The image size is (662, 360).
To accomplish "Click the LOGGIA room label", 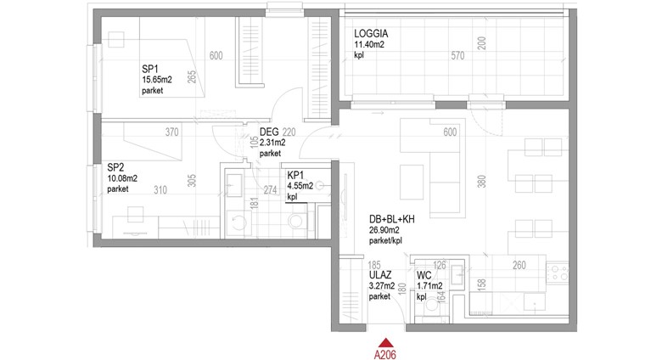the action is pyautogui.click(x=371, y=33).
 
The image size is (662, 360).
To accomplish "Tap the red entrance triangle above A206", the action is pyautogui.click(x=385, y=343).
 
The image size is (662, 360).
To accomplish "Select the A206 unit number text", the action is pyautogui.click(x=385, y=354).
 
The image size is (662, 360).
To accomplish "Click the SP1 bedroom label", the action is pyautogui.click(x=150, y=69).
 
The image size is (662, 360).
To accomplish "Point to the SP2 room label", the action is pyautogui.click(x=115, y=167).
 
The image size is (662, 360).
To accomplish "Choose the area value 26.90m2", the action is pyautogui.click(x=384, y=230).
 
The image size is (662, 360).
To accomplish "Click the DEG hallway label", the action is pyautogui.click(x=269, y=132).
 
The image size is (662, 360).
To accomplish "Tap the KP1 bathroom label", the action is pyautogui.click(x=295, y=176).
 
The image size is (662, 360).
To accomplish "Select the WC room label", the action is pyautogui.click(x=424, y=276).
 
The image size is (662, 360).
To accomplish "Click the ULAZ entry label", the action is pyautogui.click(x=380, y=275).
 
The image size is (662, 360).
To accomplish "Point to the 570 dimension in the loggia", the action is pyautogui.click(x=457, y=55).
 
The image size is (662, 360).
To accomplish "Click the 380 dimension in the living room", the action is pyautogui.click(x=482, y=181).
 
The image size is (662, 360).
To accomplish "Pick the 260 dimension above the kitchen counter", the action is pyautogui.click(x=519, y=265).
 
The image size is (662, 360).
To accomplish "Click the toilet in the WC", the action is pyautogui.click(x=432, y=304).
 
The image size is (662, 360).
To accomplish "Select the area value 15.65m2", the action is pyautogui.click(x=157, y=80).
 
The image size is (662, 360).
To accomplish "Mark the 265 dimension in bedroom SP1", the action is pyautogui.click(x=192, y=76).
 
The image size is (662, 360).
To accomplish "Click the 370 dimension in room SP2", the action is pyautogui.click(x=171, y=132).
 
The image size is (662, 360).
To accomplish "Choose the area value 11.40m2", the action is pyautogui.click(x=369, y=44).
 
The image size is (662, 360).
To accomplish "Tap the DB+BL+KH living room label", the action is pyautogui.click(x=392, y=219).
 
